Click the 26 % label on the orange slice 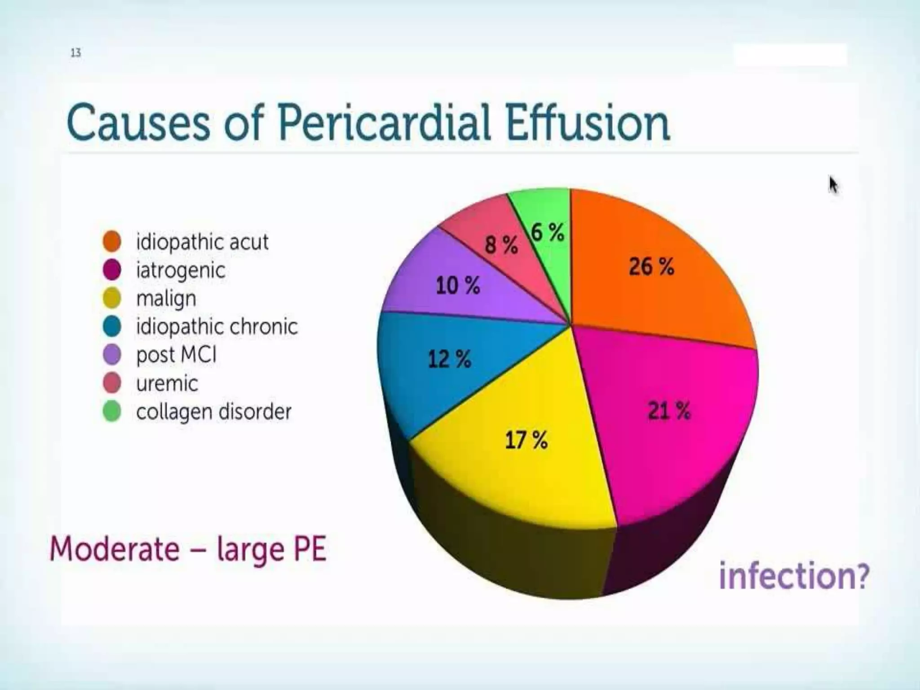pos(651,267)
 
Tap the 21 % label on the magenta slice pos(668,411)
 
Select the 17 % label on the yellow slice pos(526,440)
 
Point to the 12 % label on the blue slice pos(449,359)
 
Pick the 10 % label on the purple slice pos(458,286)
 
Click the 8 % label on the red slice pos(501,245)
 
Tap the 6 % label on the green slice pos(547,233)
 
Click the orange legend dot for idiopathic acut pos(112,241)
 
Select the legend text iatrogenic pos(181,270)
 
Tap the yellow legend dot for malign pos(112,298)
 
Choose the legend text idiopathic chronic pos(217,327)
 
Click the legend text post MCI pos(176,355)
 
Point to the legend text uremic pos(167,383)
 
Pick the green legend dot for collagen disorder pos(112,411)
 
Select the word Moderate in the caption pos(115,549)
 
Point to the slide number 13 pos(75,53)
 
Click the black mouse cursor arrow pos(833,185)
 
